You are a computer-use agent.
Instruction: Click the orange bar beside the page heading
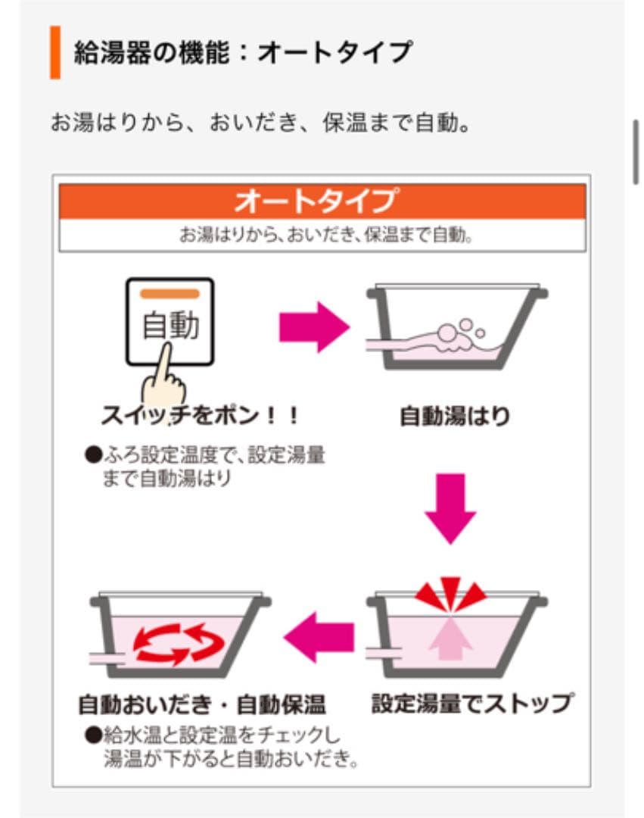(x=55, y=52)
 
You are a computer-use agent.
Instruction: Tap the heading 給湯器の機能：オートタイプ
(x=243, y=52)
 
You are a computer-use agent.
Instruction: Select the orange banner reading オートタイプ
(x=322, y=201)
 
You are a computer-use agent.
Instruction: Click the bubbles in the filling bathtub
(x=457, y=333)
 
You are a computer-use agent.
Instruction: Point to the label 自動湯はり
(x=455, y=417)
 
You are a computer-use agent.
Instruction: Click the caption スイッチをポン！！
(x=201, y=416)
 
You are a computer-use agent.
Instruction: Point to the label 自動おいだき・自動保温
(x=202, y=705)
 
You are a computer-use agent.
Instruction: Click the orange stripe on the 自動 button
(x=170, y=293)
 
